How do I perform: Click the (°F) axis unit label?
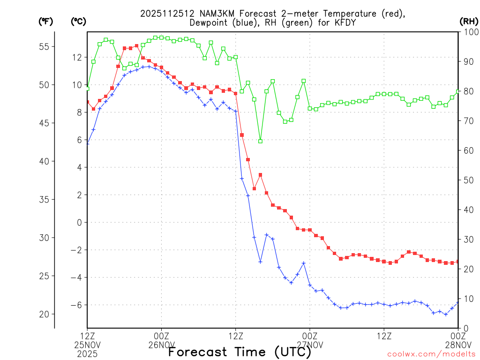pyautogui.click(x=46, y=21)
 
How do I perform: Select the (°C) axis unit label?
pyautogui.click(x=78, y=21)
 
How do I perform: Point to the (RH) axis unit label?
pyautogui.click(x=469, y=21)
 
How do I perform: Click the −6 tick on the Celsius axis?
pyautogui.click(x=76, y=305)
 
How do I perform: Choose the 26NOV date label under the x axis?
pyautogui.click(x=161, y=345)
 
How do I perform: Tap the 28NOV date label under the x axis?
pyautogui.click(x=457, y=345)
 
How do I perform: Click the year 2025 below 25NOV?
pyautogui.click(x=87, y=353)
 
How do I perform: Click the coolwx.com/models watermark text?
pyautogui.click(x=431, y=354)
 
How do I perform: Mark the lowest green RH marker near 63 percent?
pyautogui.click(x=260, y=141)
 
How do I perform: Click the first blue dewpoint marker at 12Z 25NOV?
pyautogui.click(x=87, y=143)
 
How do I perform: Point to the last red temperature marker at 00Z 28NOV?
pyautogui.click(x=457, y=262)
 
